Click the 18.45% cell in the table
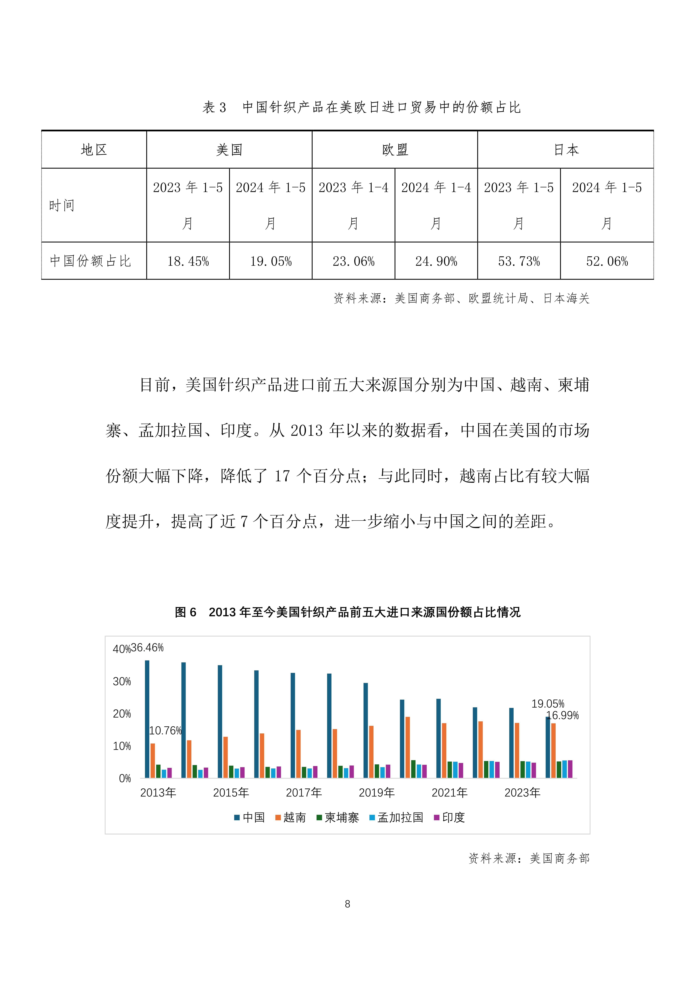tap(188, 261)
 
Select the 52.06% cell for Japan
tap(607, 261)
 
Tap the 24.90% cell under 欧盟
tap(436, 261)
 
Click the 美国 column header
tap(229, 150)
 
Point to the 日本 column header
tap(566, 150)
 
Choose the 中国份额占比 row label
tap(90, 261)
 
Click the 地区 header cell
tap(94, 150)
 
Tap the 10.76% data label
tap(165, 731)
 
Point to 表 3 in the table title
tap(214, 107)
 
